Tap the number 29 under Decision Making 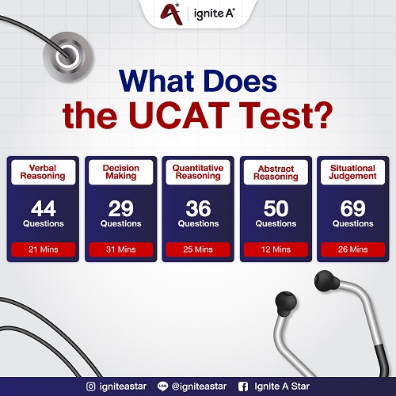[120, 208]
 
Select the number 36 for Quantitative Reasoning [198, 208]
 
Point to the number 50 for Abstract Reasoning [276, 208]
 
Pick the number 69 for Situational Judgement [352, 208]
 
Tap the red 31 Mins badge [120, 249]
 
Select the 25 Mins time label [198, 249]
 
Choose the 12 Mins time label [276, 249]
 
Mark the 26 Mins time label [352, 249]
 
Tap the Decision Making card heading [120, 172]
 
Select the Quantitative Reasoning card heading [198, 172]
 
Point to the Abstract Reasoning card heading [276, 172]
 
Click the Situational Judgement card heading [352, 172]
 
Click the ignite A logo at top [198, 13]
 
